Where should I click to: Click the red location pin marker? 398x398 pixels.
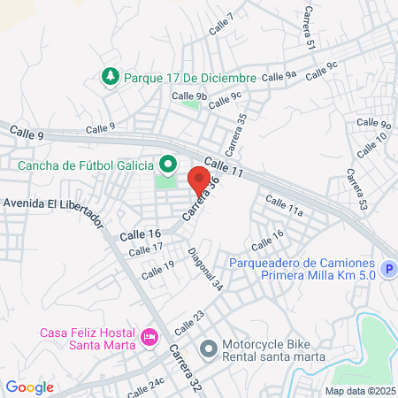coord(200,181)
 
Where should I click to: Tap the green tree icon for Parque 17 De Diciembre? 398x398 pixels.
coord(111,77)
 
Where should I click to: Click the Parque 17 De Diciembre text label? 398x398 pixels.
coord(189,78)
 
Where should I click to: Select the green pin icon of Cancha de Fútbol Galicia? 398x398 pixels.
coord(167,165)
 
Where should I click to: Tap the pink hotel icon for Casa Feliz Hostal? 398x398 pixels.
coord(149,337)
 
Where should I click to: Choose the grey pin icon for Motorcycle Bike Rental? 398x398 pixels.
coord(208,348)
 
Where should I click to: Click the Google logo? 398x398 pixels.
coord(29,387)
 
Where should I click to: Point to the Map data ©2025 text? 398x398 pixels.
coord(358,390)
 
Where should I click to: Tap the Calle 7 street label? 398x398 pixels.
coord(222,24)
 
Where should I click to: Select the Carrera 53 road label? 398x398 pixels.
coord(357,190)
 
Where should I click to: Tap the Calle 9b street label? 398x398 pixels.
coord(189,96)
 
